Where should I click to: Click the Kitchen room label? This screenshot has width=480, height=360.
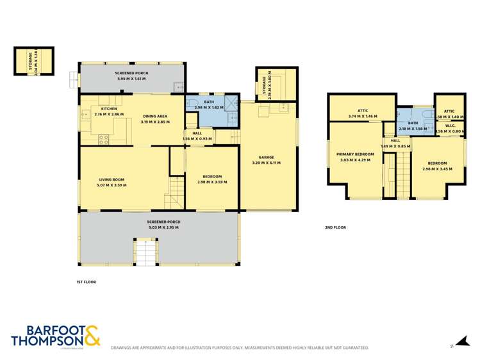click(x=108, y=109)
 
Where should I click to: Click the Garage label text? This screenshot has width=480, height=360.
click(x=266, y=157)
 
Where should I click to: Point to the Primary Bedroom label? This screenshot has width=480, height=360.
click(x=355, y=154)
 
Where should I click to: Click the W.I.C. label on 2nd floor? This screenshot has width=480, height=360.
click(x=449, y=126)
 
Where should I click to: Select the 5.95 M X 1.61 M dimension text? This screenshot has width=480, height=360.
click(x=133, y=79)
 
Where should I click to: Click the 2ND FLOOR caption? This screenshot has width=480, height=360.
click(x=336, y=227)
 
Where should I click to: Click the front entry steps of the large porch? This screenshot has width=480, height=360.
click(x=145, y=252)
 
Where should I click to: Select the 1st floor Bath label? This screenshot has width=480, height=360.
click(x=209, y=102)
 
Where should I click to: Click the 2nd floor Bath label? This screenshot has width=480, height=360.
click(x=413, y=123)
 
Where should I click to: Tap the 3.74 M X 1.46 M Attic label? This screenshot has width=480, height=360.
click(x=363, y=117)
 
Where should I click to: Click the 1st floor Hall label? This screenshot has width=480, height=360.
click(x=197, y=133)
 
